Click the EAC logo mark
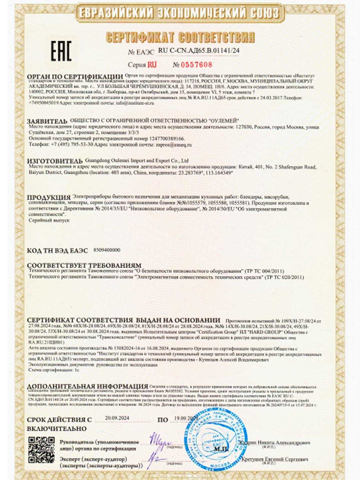pyautogui.click(x=61, y=51)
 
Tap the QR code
pyautogui.click(x=42, y=450)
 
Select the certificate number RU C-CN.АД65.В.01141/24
pyautogui.click(x=199, y=51)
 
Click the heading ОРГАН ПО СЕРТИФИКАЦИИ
pyautogui.click(x=75, y=77)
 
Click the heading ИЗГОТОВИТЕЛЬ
pyautogui.click(x=55, y=161)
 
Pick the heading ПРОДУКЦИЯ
pyautogui.click(x=49, y=197)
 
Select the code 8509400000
pyautogui.click(x=107, y=250)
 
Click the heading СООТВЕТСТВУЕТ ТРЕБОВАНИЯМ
pyautogui.click(x=84, y=266)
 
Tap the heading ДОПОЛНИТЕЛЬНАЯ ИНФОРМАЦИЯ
pyautogui.click(x=87, y=386)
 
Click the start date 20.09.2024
pyautogui.click(x=117, y=418)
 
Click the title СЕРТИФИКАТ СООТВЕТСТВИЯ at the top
pyautogui.click(x=180, y=37)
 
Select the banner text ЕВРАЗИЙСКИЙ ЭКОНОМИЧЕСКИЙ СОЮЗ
pyautogui.click(x=179, y=13)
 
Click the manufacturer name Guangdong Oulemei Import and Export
pyautogui.click(x=137, y=161)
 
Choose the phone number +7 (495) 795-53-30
pyautogui.click(x=72, y=145)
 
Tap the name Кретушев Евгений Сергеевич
pyautogui.click(x=275, y=459)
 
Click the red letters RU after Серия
pyautogui.click(x=152, y=65)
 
